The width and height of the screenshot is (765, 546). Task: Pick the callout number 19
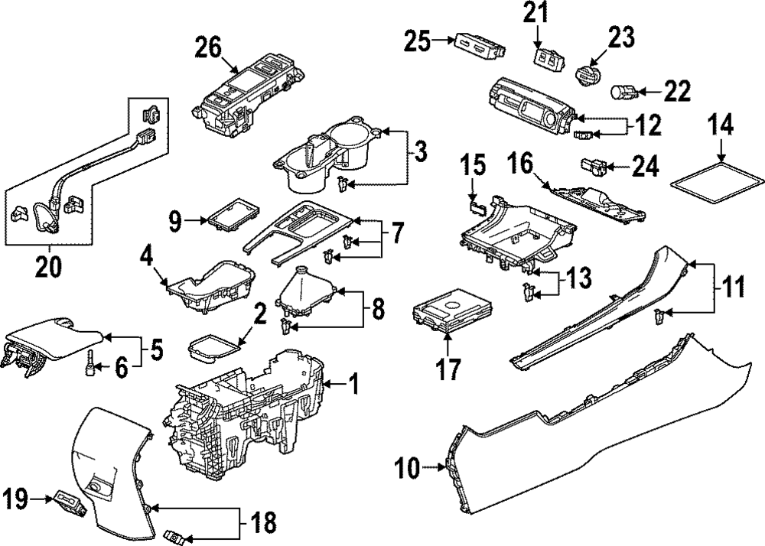click(x=15, y=500)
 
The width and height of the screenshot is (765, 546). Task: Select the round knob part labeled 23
click(x=588, y=76)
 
